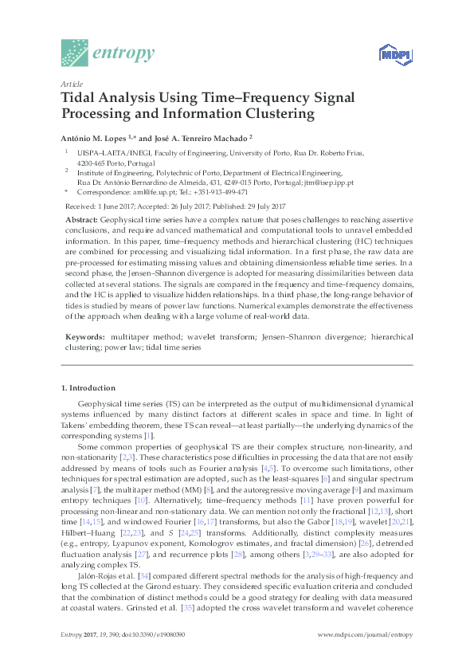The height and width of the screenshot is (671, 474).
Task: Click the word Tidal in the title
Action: click(82, 98)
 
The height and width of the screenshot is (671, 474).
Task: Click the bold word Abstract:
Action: click(81, 219)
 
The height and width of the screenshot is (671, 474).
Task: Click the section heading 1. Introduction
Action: click(88, 388)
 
